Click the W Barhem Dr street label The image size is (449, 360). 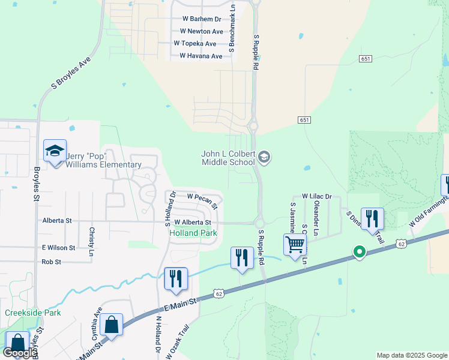pos(201,19)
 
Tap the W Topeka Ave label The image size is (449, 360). pos(194,44)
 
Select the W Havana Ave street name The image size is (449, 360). pos(200,56)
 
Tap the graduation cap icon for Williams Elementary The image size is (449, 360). pos(55,151)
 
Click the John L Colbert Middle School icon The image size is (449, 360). pos(264,158)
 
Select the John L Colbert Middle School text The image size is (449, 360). pos(228,158)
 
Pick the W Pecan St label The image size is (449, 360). pos(202,197)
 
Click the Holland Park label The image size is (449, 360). pos(193,233)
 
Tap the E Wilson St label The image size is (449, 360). pos(58,247)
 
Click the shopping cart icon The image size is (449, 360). pos(295,244)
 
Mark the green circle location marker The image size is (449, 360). pos(359,252)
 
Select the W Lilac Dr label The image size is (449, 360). pos(316,196)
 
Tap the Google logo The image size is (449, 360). pos(20,353)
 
